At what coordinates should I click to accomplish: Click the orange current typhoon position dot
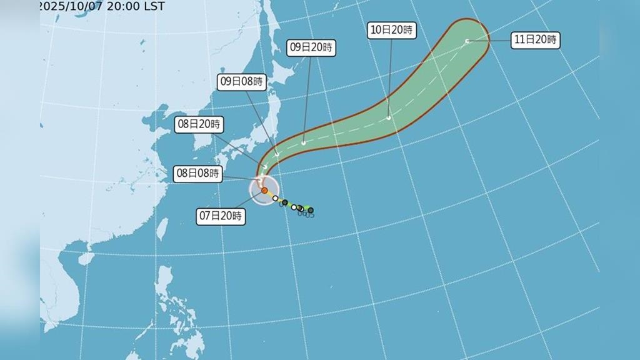click(264, 190)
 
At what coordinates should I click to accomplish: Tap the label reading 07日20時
click(221, 217)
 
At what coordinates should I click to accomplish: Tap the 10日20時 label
click(392, 29)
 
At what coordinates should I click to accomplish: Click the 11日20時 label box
click(534, 41)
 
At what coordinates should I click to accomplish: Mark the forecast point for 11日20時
click(467, 42)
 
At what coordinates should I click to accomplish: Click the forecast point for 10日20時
click(389, 117)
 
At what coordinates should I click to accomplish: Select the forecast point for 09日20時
click(303, 142)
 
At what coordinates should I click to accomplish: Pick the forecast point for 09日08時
click(277, 154)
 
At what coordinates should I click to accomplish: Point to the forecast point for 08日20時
click(265, 166)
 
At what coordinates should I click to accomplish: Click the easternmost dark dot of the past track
click(311, 210)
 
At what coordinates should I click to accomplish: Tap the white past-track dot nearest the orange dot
click(275, 198)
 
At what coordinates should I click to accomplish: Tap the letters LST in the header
click(154, 6)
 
